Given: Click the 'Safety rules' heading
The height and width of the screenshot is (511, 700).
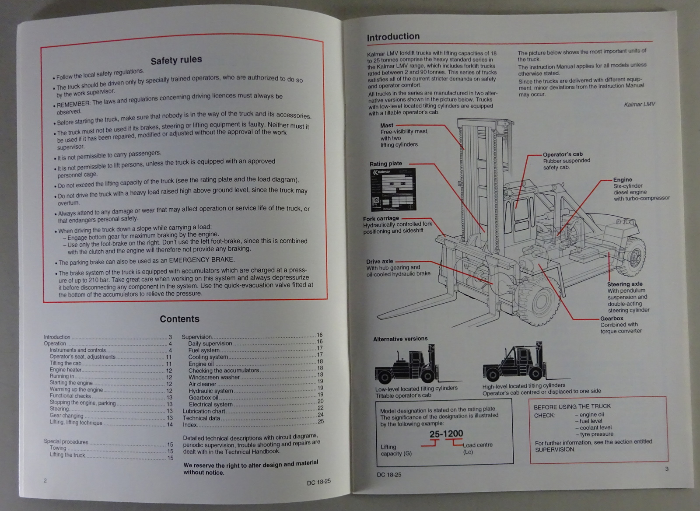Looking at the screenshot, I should tap(176, 60).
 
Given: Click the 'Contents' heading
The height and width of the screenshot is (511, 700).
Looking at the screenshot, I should tap(179, 319).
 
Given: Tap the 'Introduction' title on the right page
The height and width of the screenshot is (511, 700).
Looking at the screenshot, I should tap(393, 37).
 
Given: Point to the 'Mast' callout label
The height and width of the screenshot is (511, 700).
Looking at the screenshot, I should tap(387, 125).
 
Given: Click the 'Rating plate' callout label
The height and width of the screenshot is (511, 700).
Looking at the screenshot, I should tap(385, 164).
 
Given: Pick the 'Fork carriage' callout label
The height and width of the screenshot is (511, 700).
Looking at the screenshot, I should tap(381, 218).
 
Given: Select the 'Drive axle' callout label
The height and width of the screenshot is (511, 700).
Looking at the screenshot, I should tap(379, 261).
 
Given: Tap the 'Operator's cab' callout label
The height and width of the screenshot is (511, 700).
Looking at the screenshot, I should tap(562, 154).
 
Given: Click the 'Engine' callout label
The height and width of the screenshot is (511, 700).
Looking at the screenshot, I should tap(622, 179).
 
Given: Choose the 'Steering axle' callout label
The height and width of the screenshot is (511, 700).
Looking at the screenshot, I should tap(624, 284).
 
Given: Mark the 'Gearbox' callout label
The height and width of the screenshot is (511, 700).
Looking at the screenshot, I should tap(611, 318).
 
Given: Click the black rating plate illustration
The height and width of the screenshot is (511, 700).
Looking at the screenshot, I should tap(393, 190).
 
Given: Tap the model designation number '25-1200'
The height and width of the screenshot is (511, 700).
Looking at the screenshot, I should tap(446, 434).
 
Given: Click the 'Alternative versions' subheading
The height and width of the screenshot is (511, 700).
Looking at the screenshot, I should tap(400, 339).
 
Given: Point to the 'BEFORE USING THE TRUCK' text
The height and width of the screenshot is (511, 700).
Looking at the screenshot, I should tap(572, 406).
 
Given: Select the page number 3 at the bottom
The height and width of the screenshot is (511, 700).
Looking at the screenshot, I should tap(667, 469).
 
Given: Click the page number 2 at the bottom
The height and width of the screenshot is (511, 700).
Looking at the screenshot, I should tap(45, 480).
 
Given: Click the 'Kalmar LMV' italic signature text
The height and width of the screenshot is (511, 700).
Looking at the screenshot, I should tap(639, 104).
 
